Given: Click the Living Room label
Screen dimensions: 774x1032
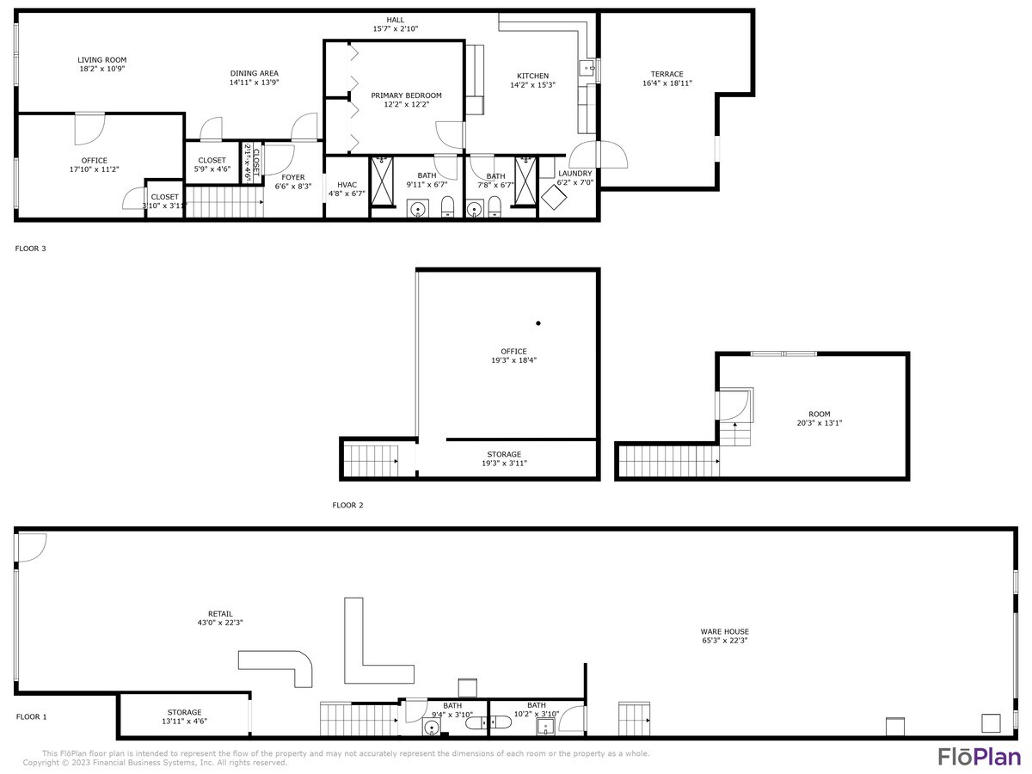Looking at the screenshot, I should pyautogui.click(x=101, y=60).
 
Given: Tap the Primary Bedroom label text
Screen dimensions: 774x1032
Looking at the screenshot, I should pyautogui.click(x=406, y=95).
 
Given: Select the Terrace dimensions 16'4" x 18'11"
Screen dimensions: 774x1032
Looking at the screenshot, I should pyautogui.click(x=666, y=83).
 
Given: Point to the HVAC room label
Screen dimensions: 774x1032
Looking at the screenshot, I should pyautogui.click(x=347, y=184).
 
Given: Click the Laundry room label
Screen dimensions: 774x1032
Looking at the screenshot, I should pyautogui.click(x=574, y=173).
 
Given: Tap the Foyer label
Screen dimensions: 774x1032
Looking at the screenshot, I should pyautogui.click(x=293, y=177).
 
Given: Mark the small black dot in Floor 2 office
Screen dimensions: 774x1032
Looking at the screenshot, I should pyautogui.click(x=538, y=323).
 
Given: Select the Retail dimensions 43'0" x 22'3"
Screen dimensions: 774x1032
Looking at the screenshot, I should pyautogui.click(x=220, y=623).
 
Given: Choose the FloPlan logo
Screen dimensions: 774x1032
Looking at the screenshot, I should pyautogui.click(x=979, y=757).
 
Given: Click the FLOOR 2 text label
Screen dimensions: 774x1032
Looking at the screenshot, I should pyautogui.click(x=347, y=505).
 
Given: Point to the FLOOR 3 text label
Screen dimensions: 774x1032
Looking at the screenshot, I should pyautogui.click(x=30, y=249).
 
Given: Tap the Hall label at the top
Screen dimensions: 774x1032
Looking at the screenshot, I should pyautogui.click(x=395, y=20).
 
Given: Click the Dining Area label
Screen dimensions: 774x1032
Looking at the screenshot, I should pyautogui.click(x=254, y=73).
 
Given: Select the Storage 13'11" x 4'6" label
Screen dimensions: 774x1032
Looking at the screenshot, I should pyautogui.click(x=184, y=712).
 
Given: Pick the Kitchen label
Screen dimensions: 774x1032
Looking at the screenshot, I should pyautogui.click(x=532, y=76).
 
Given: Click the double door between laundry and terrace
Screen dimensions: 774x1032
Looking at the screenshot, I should pyautogui.click(x=599, y=156).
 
